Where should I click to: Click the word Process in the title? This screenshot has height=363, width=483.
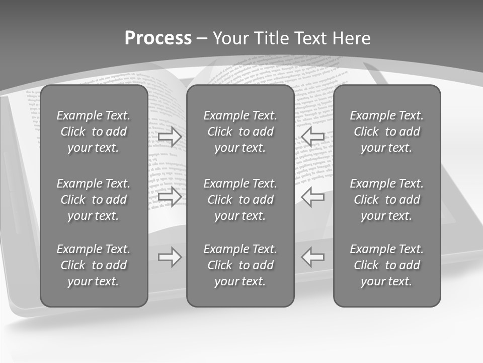click(x=158, y=38)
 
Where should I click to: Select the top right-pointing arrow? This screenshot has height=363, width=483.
click(x=170, y=137)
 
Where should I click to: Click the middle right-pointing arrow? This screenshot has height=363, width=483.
click(x=170, y=197)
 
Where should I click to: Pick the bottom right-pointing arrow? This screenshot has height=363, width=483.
click(x=170, y=257)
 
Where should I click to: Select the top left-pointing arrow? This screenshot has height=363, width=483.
click(x=313, y=137)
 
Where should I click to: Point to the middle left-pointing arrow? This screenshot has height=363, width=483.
click(x=313, y=197)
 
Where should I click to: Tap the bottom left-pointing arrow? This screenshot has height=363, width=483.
click(x=313, y=257)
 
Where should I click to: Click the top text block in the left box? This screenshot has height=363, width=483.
click(x=94, y=132)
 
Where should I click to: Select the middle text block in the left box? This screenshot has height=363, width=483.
click(x=94, y=200)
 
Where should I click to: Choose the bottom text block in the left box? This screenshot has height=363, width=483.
click(x=94, y=265)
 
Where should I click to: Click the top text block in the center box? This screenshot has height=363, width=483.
click(x=240, y=132)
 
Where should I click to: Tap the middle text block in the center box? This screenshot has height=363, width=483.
click(x=240, y=200)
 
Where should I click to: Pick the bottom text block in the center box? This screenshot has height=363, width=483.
click(x=240, y=265)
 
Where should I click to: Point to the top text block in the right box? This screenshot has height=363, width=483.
click(x=386, y=132)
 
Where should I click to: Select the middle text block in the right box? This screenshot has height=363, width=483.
click(x=386, y=200)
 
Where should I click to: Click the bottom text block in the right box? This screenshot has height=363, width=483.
click(x=386, y=265)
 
